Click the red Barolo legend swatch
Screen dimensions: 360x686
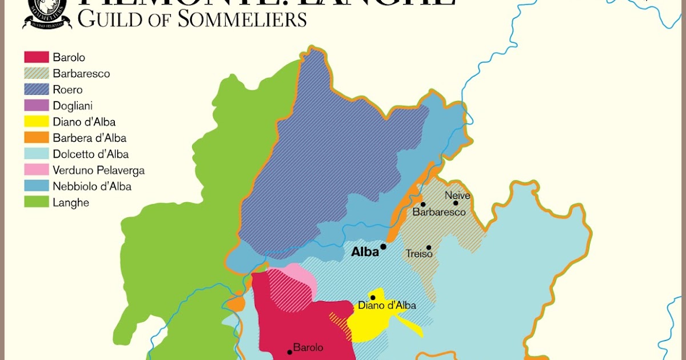(36, 58)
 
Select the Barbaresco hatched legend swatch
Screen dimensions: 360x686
(36, 74)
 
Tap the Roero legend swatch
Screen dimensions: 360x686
(36, 90)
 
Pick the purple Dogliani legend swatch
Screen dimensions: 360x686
(36, 106)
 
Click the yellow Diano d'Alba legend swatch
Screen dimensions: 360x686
(36, 122)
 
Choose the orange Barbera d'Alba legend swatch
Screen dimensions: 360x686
(36, 138)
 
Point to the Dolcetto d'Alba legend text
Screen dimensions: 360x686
(90, 154)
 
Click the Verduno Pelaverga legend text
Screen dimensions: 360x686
(98, 170)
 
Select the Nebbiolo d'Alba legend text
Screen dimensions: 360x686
(91, 186)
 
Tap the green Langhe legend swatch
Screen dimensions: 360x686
(36, 202)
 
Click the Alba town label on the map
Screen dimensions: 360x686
(365, 252)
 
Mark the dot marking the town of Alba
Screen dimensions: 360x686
(384, 246)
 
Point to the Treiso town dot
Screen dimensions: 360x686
(429, 247)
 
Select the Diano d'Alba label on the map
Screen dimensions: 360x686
(387, 306)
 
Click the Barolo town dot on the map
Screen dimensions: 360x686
(290, 352)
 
